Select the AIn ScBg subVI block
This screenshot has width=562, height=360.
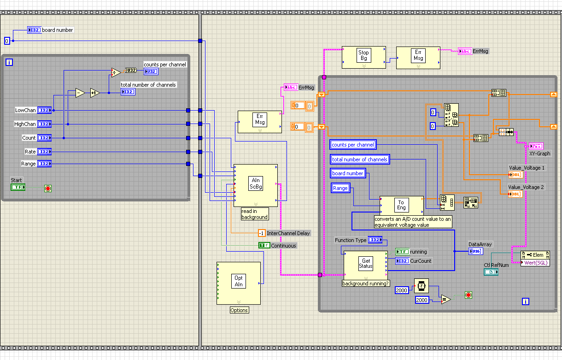(255, 183)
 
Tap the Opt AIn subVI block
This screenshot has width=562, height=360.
(239, 281)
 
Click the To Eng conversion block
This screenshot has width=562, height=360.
(401, 205)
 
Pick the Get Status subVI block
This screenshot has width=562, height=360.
(365, 264)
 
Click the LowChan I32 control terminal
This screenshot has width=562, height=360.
(44, 110)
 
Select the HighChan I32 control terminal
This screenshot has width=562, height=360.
(44, 124)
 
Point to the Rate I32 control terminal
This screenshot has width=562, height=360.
(44, 152)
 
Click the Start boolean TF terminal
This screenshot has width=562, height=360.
(18, 187)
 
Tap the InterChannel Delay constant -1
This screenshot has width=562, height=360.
(262, 233)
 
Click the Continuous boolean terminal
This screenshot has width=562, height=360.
(264, 246)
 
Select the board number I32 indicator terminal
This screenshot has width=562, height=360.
(35, 30)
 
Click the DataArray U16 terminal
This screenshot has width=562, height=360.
(476, 251)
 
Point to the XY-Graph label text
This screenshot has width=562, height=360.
(539, 153)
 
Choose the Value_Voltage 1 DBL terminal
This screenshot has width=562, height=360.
(515, 175)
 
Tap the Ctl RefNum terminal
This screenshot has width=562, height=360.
(491, 272)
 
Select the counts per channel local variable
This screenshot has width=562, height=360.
(353, 145)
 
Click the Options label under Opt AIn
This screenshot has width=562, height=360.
(239, 310)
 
